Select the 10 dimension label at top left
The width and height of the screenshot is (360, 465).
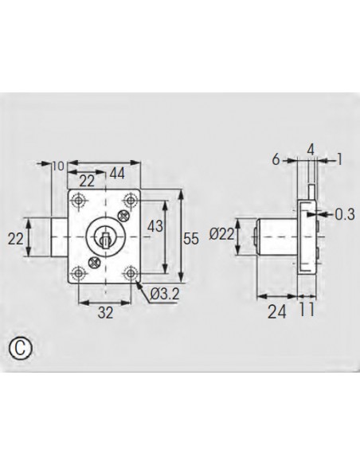point(57,166)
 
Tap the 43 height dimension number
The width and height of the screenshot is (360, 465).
point(155,227)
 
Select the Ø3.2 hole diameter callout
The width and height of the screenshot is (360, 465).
point(164,295)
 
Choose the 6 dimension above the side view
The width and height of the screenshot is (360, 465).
point(276,159)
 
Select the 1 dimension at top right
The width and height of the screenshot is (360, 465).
point(339,159)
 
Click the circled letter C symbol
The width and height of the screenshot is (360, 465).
point(21,348)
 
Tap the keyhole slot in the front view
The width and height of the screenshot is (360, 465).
point(102,236)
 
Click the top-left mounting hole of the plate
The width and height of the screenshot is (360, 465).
point(78,199)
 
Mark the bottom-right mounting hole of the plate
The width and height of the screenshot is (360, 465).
point(129,275)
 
